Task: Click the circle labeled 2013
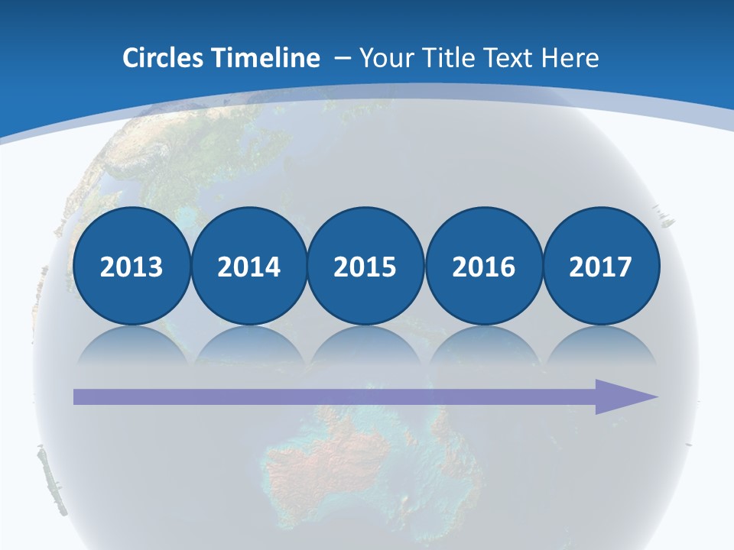[132, 266]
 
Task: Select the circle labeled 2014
[248, 266]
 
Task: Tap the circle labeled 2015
[365, 266]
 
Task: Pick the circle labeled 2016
[483, 266]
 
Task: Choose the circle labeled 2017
[600, 266]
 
